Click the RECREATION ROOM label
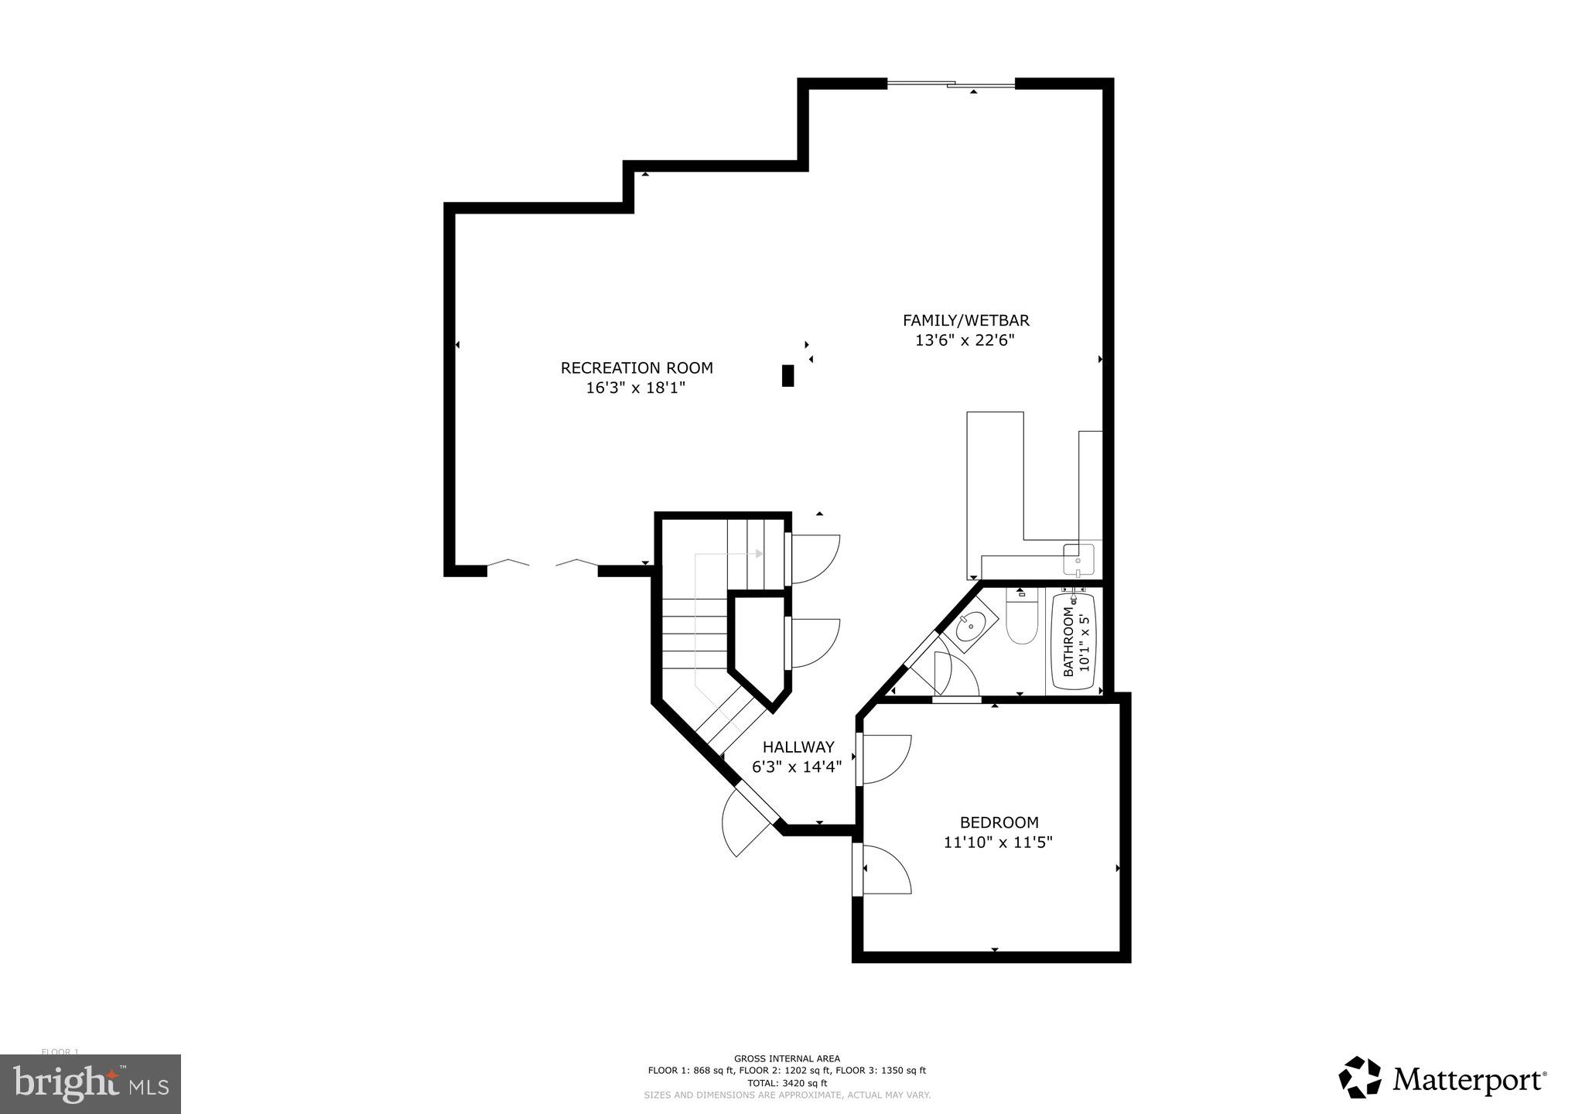pyautogui.click(x=637, y=368)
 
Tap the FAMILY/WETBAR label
pyautogui.click(x=965, y=320)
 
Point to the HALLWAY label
pyautogui.click(x=798, y=747)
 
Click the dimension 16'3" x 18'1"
pyautogui.click(x=636, y=388)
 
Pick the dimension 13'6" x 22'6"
pyautogui.click(x=965, y=340)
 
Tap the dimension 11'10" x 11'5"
pyautogui.click(x=998, y=842)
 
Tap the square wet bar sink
pyautogui.click(x=1078, y=559)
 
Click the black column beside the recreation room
pyautogui.click(x=787, y=375)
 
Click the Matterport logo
pyautogui.click(x=1443, y=1078)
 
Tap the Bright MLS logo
pyautogui.click(x=91, y=1084)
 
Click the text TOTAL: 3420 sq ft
pyautogui.click(x=787, y=1083)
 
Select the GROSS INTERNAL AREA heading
pyautogui.click(x=787, y=1058)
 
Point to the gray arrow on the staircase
pyautogui.click(x=758, y=554)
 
